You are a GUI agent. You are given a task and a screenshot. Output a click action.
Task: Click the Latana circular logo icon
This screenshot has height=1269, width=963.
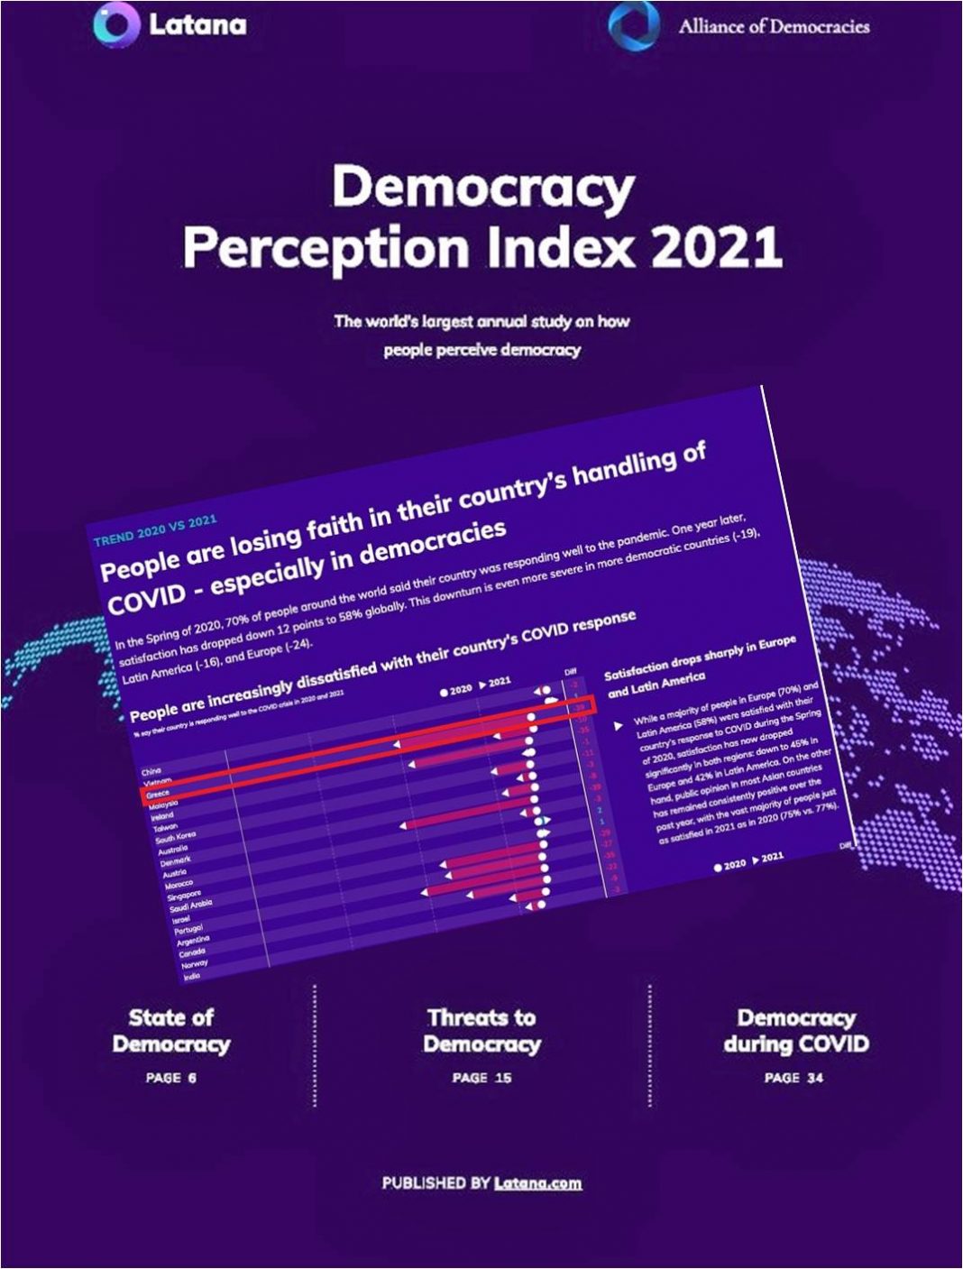click(x=116, y=24)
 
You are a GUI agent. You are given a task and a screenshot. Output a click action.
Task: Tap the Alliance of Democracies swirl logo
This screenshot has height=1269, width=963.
click(x=634, y=24)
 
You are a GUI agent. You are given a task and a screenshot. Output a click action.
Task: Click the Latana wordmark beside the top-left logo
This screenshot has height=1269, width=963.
click(x=197, y=24)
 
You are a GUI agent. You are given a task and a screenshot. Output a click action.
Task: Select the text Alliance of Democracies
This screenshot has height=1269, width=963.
click(x=774, y=26)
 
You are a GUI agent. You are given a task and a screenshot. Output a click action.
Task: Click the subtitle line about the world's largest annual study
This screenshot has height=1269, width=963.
click(x=481, y=321)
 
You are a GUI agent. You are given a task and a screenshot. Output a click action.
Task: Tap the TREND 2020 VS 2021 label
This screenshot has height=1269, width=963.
click(x=155, y=531)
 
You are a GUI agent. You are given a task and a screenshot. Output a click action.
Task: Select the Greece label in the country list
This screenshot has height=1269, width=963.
click(x=158, y=793)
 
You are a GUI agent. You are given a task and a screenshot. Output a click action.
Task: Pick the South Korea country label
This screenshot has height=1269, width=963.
click(x=175, y=837)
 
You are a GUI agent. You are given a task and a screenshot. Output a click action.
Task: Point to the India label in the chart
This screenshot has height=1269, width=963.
click(x=192, y=976)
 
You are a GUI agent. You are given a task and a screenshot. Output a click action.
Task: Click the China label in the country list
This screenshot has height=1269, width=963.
click(x=151, y=771)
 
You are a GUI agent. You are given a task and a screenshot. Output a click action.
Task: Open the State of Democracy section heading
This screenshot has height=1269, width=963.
click(x=171, y=1031)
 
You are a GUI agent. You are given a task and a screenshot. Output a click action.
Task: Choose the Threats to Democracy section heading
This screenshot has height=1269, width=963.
click(x=481, y=1031)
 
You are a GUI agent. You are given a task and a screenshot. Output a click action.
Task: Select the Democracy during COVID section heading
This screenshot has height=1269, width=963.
click(x=795, y=1031)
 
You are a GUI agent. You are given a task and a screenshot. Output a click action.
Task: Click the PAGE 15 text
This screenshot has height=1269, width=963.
click(x=481, y=1078)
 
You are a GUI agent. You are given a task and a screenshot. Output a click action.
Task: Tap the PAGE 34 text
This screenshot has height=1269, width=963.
click(x=793, y=1078)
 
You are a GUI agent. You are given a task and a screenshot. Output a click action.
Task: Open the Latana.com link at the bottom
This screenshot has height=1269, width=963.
click(x=537, y=1183)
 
